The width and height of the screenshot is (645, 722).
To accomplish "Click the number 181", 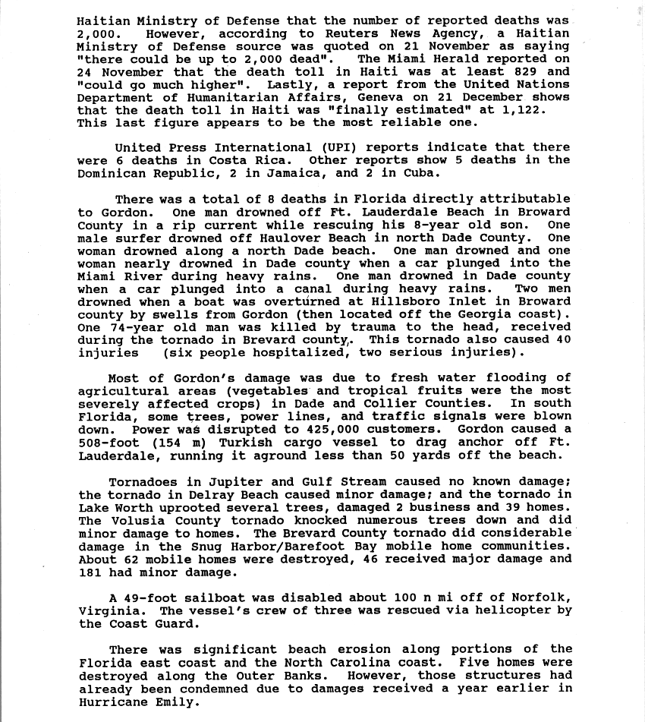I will pos(90,572).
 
